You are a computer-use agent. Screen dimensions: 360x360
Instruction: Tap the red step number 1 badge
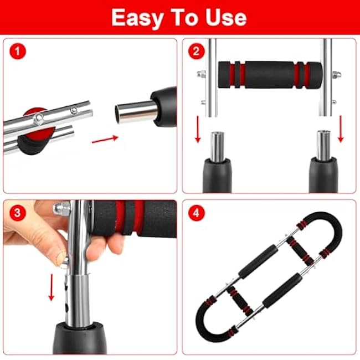(17, 53)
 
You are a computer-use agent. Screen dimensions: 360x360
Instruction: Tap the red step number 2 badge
(195, 53)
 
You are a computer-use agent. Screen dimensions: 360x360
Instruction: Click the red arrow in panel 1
(105, 139)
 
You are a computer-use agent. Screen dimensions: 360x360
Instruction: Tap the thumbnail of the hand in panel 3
(61, 256)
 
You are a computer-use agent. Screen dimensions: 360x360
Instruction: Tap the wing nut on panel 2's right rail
(336, 74)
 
